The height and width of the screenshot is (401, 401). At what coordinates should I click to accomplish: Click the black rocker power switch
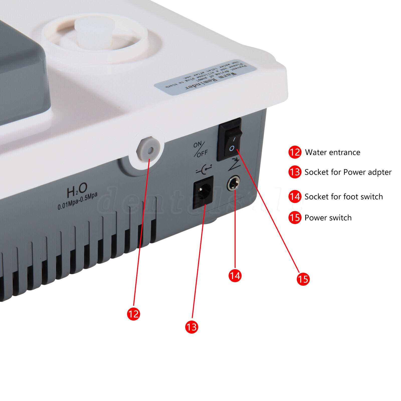[230, 139]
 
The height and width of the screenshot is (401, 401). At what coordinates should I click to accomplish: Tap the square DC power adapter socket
[203, 192]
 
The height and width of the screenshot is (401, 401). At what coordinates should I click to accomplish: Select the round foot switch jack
[233, 183]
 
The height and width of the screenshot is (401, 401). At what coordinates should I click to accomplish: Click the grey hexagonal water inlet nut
[148, 150]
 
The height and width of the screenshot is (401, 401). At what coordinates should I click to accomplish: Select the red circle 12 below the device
[133, 314]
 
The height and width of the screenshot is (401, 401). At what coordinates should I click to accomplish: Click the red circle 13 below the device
[191, 327]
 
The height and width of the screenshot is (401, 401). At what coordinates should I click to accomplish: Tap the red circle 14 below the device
[235, 275]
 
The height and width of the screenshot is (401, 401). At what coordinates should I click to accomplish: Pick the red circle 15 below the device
[303, 279]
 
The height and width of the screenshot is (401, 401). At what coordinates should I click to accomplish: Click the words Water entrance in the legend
[332, 152]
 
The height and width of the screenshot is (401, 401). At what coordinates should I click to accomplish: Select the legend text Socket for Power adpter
[348, 172]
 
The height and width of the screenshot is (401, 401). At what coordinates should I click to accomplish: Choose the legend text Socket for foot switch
[343, 197]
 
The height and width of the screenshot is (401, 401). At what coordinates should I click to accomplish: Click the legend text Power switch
[328, 218]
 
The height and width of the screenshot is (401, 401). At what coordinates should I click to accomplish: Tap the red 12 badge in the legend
[295, 152]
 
